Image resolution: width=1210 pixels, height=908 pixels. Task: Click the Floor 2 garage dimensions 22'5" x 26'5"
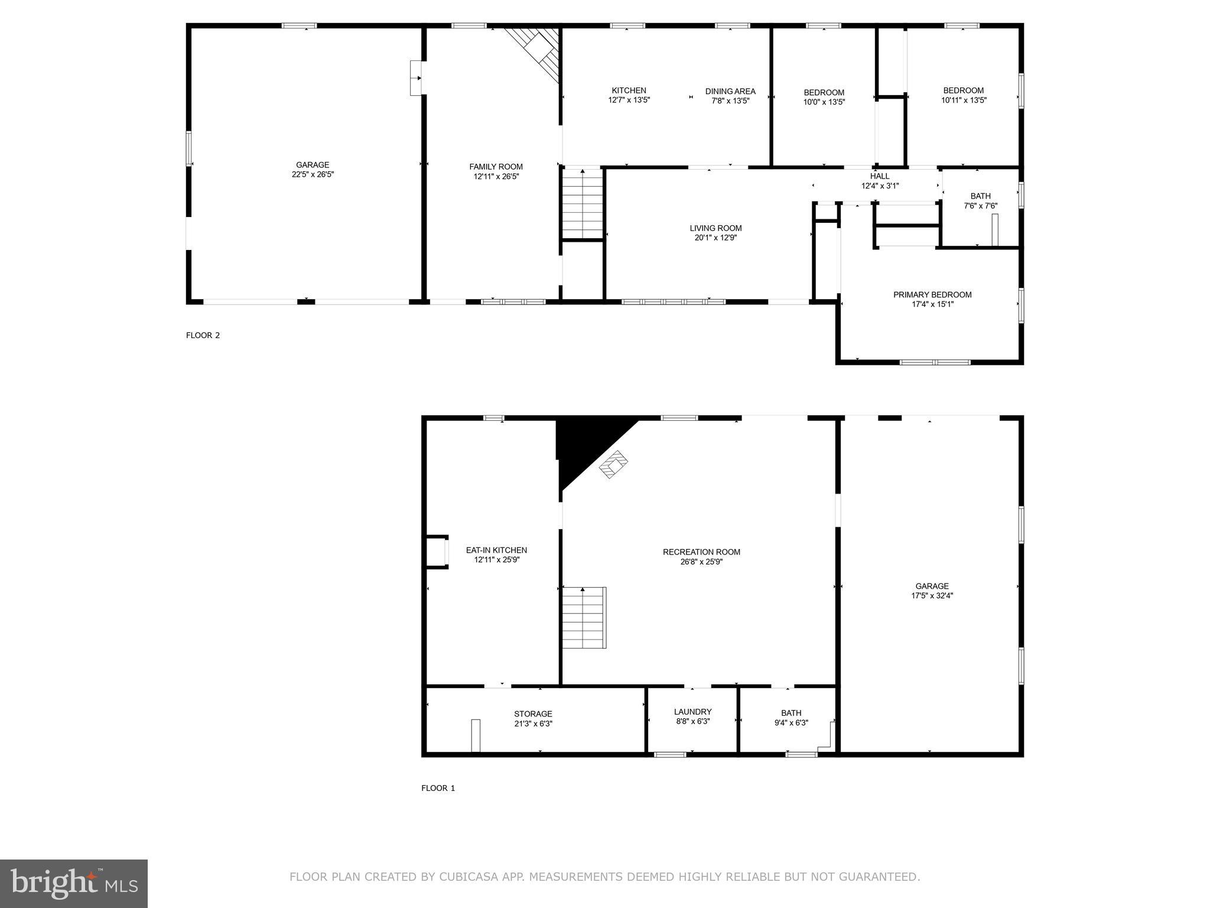(x=313, y=174)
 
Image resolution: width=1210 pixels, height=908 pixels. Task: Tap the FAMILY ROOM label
(x=496, y=167)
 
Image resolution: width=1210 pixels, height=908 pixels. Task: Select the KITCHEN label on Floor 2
(x=629, y=90)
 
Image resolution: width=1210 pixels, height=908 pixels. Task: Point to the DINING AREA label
(x=730, y=91)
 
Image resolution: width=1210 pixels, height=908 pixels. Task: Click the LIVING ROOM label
(x=715, y=228)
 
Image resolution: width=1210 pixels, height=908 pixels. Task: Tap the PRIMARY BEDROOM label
(x=932, y=294)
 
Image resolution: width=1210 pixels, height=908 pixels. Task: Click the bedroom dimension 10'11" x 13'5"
(x=964, y=100)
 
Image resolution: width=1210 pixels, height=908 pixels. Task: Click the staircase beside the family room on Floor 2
(x=583, y=204)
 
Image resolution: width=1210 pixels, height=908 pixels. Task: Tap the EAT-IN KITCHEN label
(x=496, y=550)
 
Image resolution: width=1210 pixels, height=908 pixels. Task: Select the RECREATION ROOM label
(x=701, y=552)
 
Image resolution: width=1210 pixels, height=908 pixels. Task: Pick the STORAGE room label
(x=533, y=714)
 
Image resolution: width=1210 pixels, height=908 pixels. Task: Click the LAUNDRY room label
(x=692, y=712)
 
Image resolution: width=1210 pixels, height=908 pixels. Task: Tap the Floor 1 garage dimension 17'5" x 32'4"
(x=932, y=596)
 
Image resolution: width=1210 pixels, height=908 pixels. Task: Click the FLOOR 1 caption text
(x=438, y=788)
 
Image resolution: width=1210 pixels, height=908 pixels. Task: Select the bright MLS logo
(x=74, y=883)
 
